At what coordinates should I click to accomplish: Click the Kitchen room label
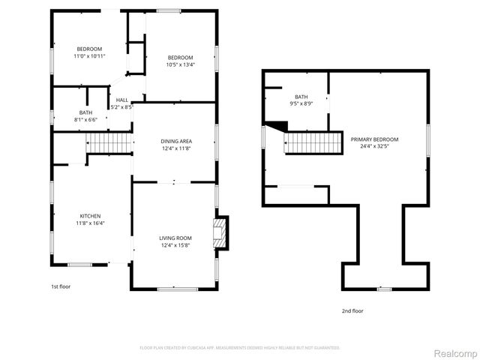tap(90, 216)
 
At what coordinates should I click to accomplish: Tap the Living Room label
tap(175, 238)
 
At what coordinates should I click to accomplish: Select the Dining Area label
tap(176, 141)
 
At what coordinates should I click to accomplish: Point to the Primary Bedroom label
tap(374, 139)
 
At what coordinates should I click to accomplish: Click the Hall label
tap(121, 100)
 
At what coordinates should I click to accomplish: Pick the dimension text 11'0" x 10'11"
tap(88, 56)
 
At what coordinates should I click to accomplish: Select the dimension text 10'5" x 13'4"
tap(180, 65)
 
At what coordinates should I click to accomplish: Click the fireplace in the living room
tap(219, 232)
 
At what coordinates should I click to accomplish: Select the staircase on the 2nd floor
tap(310, 142)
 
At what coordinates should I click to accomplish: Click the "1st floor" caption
tap(60, 286)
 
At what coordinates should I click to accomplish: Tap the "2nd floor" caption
tap(352, 310)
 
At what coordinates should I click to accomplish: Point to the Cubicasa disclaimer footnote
tap(240, 348)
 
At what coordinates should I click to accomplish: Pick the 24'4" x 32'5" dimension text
tap(374, 146)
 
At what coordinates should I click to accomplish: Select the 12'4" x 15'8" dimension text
tap(175, 245)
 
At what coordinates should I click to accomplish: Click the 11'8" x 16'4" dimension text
tap(90, 223)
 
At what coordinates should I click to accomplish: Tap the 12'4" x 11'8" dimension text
tap(176, 148)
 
